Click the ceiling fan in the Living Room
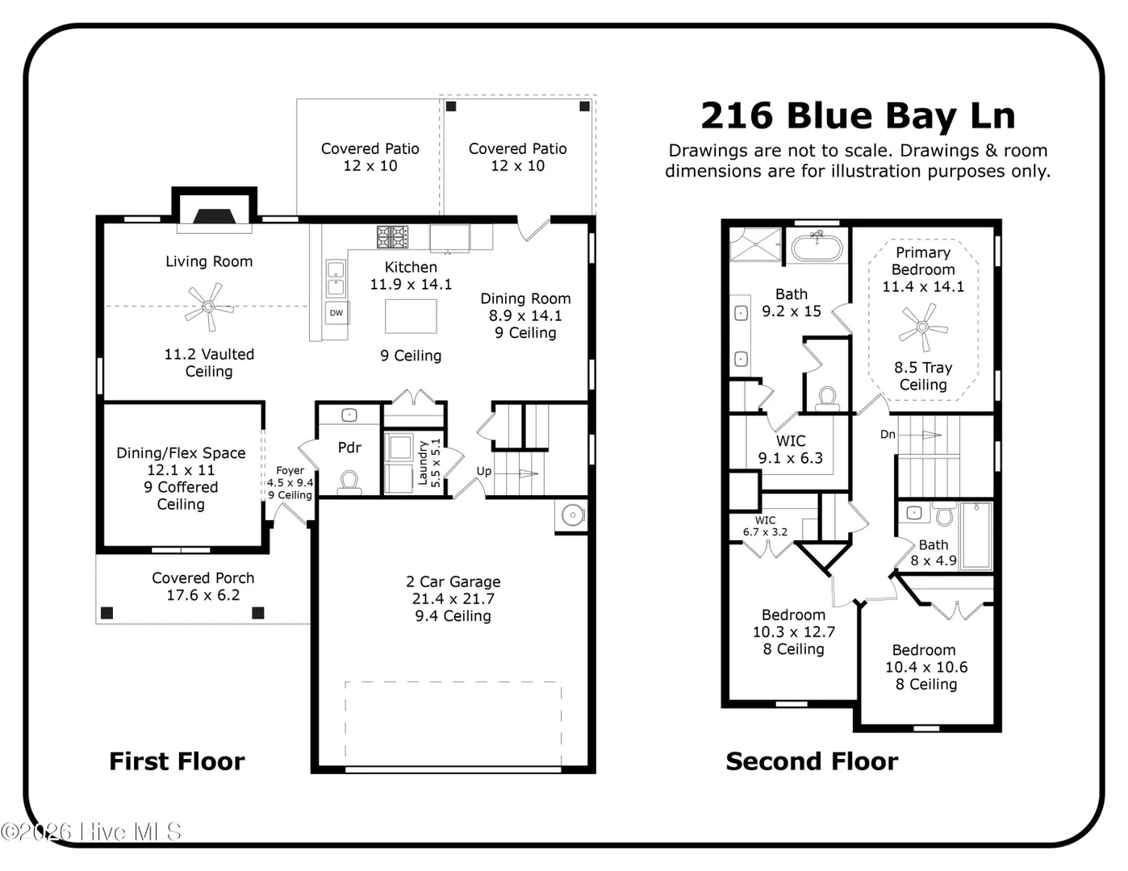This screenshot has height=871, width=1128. click(209, 306)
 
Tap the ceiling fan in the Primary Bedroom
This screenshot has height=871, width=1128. click(923, 327)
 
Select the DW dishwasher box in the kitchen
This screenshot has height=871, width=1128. click(336, 313)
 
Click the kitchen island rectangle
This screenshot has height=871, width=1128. click(411, 316)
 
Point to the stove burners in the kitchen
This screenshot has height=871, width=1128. click(392, 236)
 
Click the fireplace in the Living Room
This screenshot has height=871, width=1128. click(214, 216)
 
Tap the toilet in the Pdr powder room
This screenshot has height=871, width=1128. click(349, 482)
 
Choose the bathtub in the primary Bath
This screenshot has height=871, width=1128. click(817, 248)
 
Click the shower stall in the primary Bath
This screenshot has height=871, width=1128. click(755, 244)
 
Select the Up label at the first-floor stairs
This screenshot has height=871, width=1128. click(484, 471)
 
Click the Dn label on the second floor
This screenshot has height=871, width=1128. click(888, 434)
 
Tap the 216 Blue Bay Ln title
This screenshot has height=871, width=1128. click(858, 115)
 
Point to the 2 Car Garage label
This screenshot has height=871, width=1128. click(453, 581)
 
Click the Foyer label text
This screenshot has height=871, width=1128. click(290, 470)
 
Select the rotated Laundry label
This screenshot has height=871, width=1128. click(423, 463)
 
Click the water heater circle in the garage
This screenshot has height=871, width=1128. click(573, 515)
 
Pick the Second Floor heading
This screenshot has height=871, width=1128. click(812, 761)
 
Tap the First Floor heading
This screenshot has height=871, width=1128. click(177, 761)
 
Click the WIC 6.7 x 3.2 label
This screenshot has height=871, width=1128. click(765, 526)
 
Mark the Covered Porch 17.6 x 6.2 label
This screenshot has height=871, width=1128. click(203, 586)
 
